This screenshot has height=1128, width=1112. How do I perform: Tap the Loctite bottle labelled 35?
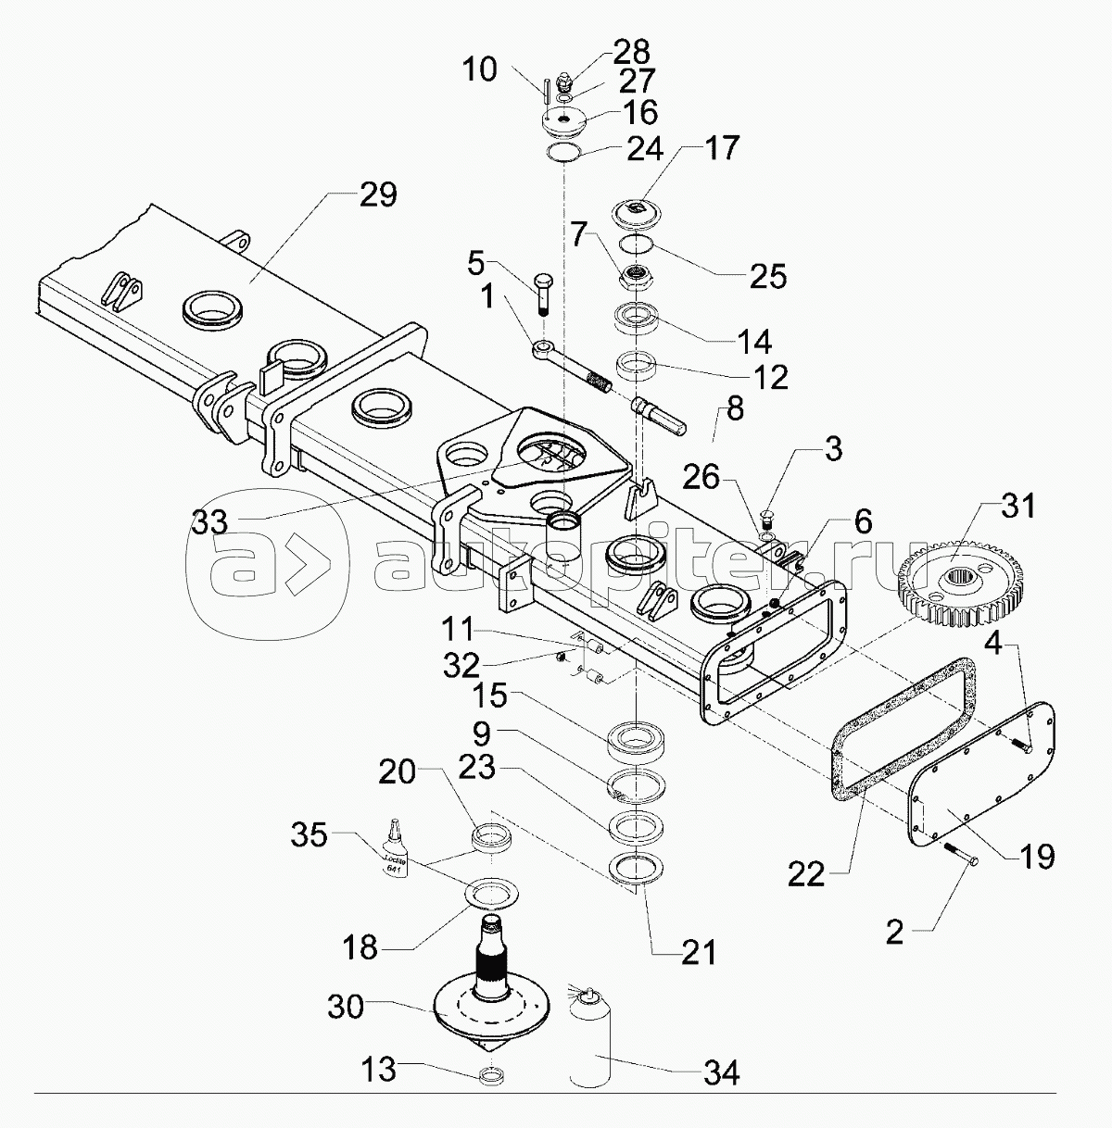pos(398,851)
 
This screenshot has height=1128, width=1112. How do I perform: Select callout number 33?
pos(213,523)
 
